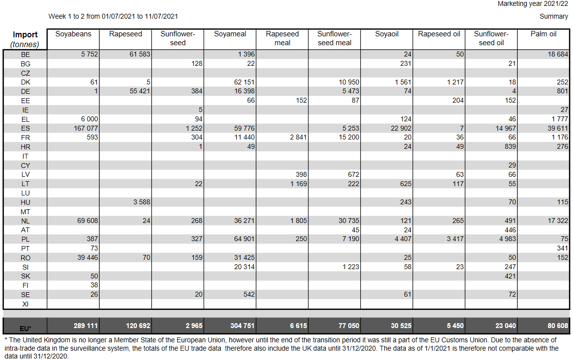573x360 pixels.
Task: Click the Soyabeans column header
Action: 73,34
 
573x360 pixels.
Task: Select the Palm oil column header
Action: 544,34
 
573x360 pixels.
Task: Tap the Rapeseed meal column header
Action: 282,38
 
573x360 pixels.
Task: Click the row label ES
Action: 25,128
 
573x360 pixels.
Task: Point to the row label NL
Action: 25,221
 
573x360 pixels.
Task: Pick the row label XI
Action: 25,304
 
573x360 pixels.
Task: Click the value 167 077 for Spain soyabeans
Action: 86,128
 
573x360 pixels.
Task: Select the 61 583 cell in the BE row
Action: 139,54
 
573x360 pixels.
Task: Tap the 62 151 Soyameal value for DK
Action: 244,82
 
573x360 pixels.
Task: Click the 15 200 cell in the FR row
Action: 349,138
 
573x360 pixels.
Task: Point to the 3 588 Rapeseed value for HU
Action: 142,202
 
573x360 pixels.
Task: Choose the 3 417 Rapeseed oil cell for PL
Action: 455,239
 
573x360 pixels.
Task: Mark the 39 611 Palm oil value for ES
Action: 558,128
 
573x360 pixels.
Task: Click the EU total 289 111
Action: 86,326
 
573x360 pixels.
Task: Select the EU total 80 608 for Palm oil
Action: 558,326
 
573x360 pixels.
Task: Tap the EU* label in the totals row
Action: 25,329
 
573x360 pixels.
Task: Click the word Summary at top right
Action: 554,16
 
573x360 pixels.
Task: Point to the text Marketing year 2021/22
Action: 533,3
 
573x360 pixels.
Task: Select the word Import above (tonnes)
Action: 25,35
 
